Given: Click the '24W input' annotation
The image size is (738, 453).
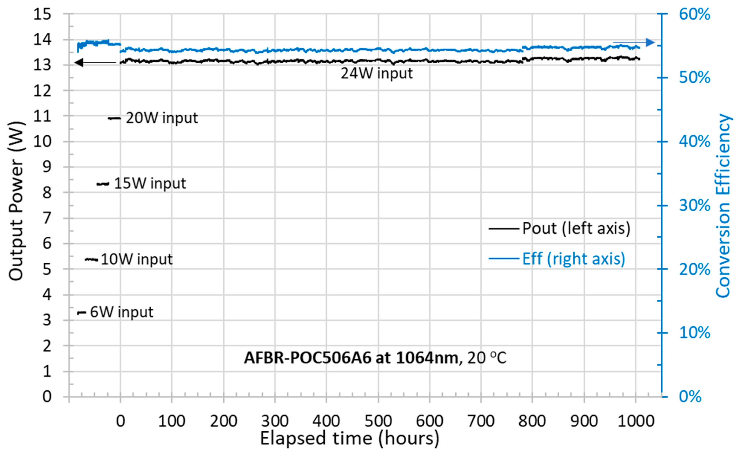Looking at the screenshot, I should click(376, 74).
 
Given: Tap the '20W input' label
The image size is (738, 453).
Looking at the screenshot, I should click(161, 118).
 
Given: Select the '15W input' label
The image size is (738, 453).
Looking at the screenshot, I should click(150, 183).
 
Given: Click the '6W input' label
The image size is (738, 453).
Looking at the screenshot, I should click(122, 312).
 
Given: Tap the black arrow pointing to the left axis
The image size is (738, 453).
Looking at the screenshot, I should click(95, 62).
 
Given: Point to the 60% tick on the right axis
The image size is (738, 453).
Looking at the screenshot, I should click(695, 14).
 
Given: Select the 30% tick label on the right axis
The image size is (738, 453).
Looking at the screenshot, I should click(695, 206).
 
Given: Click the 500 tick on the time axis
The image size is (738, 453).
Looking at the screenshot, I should click(378, 421).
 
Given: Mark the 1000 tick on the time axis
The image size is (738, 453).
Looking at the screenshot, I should click(636, 421).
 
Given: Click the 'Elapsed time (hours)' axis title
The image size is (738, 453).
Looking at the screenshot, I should click(349, 439).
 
